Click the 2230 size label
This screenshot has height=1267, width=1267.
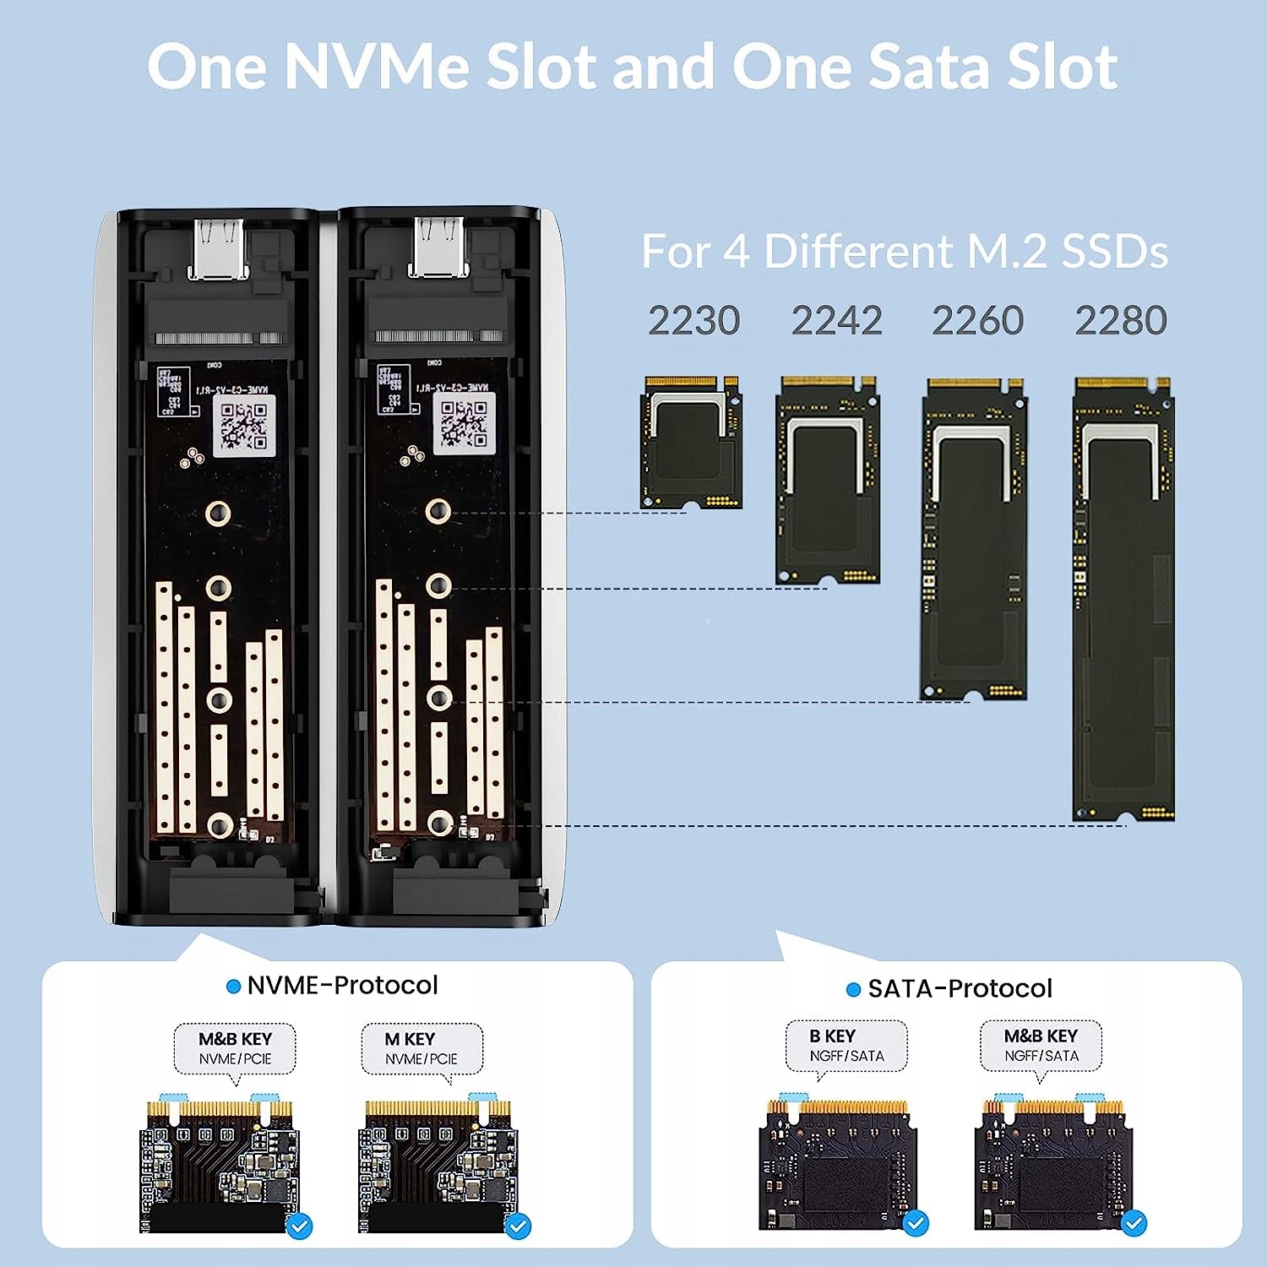(x=693, y=321)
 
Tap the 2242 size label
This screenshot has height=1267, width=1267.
(x=836, y=321)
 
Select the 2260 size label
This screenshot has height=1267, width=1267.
(x=977, y=321)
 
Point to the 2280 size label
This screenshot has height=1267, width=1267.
(x=1121, y=321)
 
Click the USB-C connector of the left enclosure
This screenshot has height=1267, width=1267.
(x=219, y=248)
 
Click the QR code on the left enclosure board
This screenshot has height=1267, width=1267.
(x=244, y=427)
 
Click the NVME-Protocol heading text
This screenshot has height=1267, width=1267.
(x=342, y=985)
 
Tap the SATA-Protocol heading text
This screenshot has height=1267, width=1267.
(x=960, y=988)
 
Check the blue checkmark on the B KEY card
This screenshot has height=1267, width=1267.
(x=916, y=1222)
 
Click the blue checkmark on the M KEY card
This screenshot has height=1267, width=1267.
(x=518, y=1226)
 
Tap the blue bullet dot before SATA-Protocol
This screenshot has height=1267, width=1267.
(x=853, y=989)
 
